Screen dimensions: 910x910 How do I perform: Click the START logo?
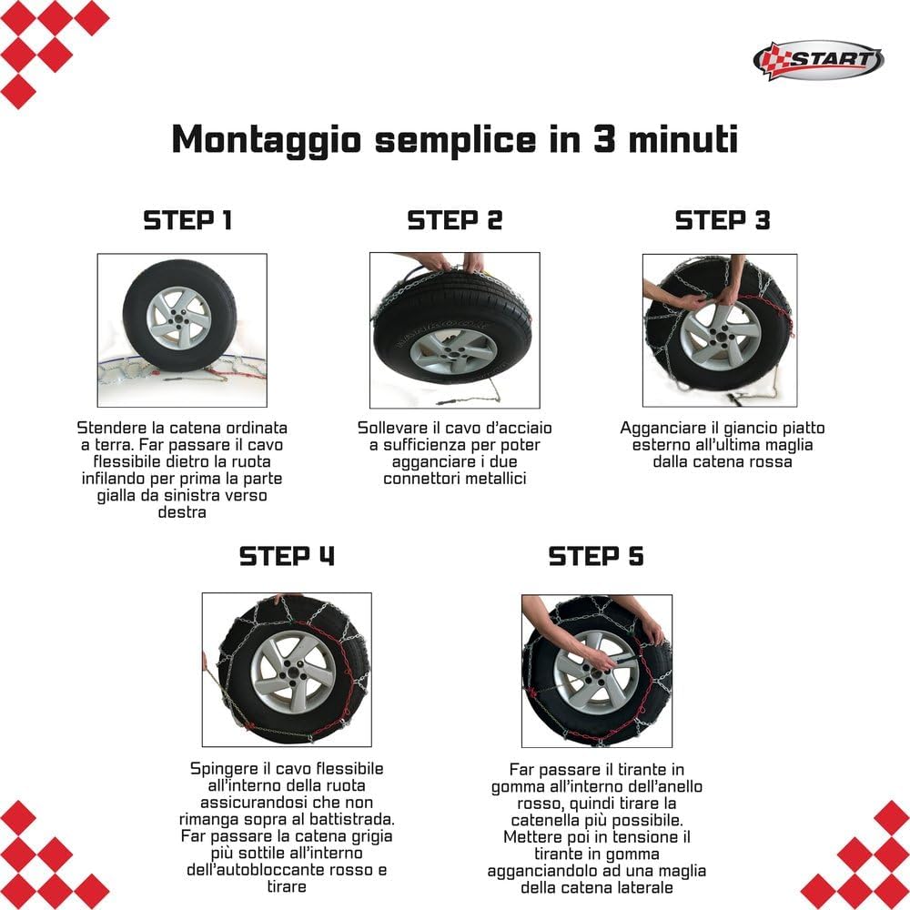[x=818, y=60]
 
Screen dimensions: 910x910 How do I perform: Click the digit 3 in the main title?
[x=604, y=139]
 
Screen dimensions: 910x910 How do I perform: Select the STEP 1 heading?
[x=187, y=220]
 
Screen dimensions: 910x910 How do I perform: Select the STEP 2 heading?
[x=454, y=220]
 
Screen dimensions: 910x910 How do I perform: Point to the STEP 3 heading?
[x=723, y=220]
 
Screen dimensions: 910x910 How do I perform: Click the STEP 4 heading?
[x=287, y=556]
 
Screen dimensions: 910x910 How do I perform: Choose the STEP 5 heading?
[x=596, y=556]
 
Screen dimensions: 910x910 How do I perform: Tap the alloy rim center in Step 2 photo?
[x=453, y=350]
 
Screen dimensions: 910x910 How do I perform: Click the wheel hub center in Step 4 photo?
[x=294, y=672]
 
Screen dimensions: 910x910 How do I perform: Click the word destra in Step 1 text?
[x=182, y=511]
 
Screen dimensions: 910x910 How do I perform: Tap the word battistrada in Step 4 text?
[x=355, y=820]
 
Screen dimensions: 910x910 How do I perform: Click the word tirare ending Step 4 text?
[x=287, y=886]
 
